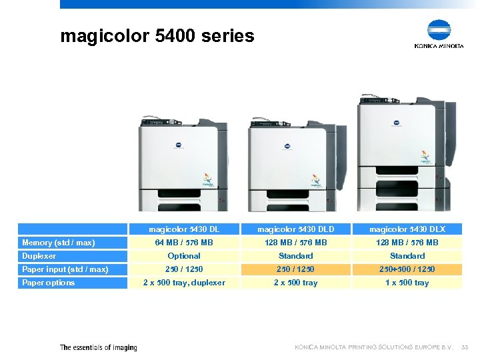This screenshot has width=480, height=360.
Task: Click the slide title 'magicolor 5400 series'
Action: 157,35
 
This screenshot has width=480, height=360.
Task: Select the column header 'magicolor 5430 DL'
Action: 184,229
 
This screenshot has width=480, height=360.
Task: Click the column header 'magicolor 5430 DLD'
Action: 296,229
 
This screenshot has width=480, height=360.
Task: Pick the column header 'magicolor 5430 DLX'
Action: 407,229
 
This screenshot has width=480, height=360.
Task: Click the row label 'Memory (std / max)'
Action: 59,243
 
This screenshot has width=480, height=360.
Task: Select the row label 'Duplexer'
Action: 39,256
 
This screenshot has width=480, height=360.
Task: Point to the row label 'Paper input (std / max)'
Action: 65,269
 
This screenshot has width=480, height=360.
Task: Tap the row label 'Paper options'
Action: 49,283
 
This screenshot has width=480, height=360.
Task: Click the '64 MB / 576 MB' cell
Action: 184,243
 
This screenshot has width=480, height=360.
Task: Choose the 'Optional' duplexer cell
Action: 184,256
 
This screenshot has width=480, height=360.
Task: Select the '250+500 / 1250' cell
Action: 407,269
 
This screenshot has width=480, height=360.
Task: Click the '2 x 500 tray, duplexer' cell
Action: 184,283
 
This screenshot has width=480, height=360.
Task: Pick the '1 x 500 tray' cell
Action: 407,283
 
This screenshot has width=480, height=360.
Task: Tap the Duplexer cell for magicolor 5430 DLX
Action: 407,256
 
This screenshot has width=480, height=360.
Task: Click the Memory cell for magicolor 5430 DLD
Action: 296,243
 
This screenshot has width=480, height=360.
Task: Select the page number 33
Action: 465,347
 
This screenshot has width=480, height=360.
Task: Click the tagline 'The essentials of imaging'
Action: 99,347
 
